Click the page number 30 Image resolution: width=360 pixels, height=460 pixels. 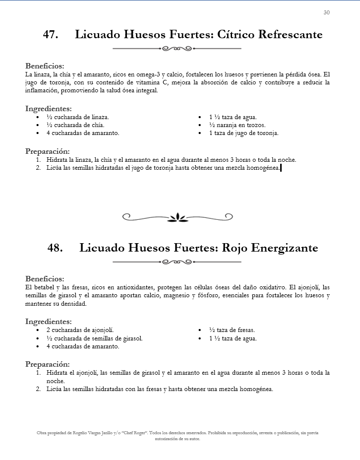coord(326,13)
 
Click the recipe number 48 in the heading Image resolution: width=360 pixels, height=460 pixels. coord(55,248)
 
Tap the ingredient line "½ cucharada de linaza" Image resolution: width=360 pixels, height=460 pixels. coord(77,117)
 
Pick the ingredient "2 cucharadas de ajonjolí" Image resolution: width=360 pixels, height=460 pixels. coord(80,330)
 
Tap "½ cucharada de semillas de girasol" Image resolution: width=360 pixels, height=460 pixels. coord(94,338)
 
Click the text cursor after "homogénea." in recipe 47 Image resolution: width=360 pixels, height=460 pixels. coord(281,168)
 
